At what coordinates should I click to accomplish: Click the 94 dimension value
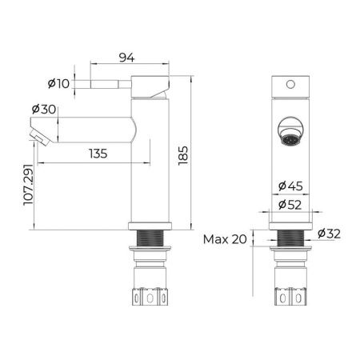126,58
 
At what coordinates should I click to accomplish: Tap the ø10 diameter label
58,83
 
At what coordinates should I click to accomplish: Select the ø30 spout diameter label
44,109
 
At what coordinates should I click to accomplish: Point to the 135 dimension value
98,154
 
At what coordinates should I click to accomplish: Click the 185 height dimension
183,155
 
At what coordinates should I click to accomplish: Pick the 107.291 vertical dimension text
29,185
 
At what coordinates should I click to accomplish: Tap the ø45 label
290,186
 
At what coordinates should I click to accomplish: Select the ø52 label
290,205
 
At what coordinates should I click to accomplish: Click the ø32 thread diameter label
330,234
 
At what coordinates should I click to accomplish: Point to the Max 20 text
225,239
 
